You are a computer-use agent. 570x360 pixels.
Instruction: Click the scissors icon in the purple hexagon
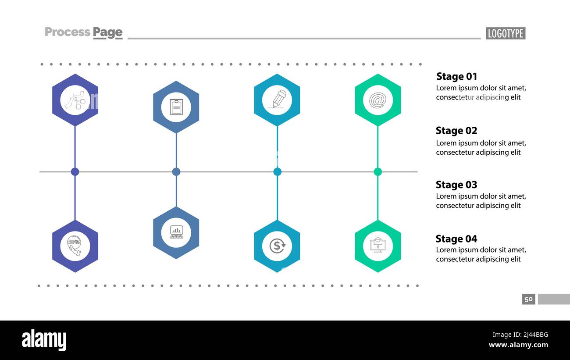coord(75,100)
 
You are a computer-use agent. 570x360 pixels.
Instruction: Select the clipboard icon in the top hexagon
coord(176,107)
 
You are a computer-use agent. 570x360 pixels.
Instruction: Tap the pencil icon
coord(277,100)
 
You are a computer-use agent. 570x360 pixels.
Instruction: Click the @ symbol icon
coord(378,100)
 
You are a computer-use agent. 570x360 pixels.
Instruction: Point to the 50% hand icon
coord(75,246)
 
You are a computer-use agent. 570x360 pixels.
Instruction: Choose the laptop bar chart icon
coord(176,232)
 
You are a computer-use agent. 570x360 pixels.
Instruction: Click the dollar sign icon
coord(277,246)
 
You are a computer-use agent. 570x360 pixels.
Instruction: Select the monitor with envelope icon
coord(378,246)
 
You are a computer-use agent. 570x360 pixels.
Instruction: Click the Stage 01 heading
coord(456,76)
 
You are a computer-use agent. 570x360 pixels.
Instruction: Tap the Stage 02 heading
coord(456,131)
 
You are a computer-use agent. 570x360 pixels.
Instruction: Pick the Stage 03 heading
coord(456,185)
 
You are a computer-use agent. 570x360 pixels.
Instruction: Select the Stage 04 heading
coord(456,239)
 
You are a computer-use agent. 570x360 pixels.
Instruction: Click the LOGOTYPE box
coord(506,33)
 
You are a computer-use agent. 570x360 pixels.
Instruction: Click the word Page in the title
coord(107,32)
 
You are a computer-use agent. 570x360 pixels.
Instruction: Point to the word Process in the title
coord(68,32)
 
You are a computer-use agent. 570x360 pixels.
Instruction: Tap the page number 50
coord(528,299)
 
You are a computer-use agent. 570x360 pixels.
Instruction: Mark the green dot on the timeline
coord(378,172)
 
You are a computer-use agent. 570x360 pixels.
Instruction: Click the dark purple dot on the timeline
coord(75,172)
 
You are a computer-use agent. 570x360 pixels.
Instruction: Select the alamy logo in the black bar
coord(44,340)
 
